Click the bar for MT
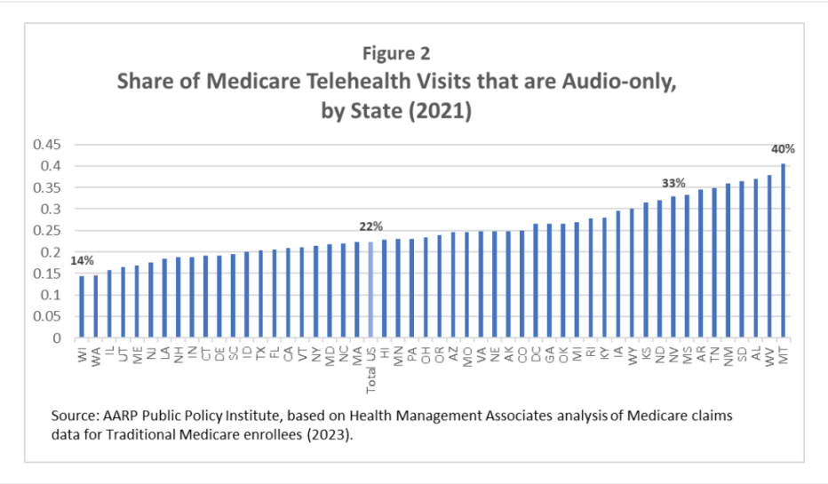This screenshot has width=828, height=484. click(783, 250)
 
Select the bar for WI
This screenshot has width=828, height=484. click(83, 306)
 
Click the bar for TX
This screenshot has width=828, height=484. click(261, 294)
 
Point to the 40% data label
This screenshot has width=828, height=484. click(782, 150)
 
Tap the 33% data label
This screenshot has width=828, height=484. click(673, 183)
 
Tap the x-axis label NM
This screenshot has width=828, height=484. click(728, 356)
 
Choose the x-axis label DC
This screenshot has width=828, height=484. click(536, 355)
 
